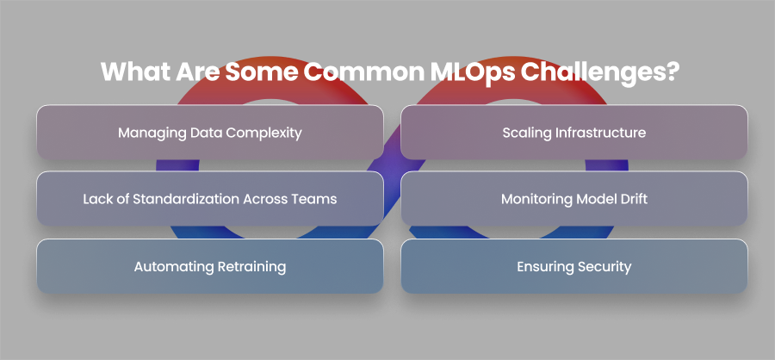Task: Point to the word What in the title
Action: point(135,71)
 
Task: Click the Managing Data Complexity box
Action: point(209,133)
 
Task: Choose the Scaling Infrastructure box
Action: point(573,133)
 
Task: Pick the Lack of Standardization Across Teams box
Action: point(209,199)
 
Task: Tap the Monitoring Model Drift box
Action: point(573,199)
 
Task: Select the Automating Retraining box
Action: point(209,266)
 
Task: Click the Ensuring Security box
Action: point(573,266)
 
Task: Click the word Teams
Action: point(316,199)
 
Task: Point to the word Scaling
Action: point(524,133)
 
